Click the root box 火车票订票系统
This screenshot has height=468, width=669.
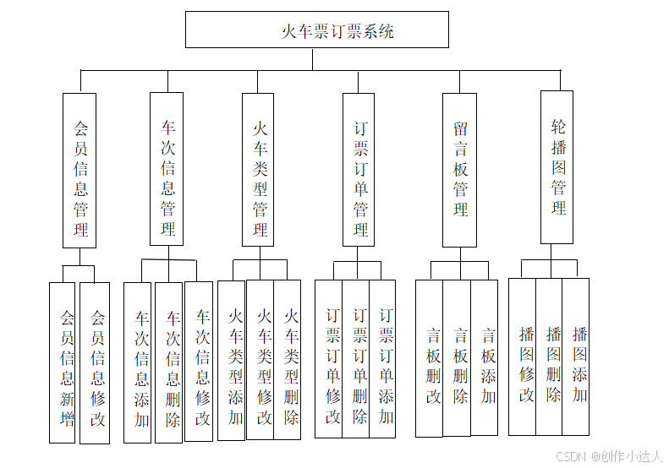tap(316, 30)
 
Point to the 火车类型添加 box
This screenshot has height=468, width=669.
tap(232, 360)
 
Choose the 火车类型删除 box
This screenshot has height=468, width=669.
tap(288, 359)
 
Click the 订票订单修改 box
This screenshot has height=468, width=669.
tap(329, 358)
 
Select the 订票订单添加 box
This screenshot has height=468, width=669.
tap(382, 358)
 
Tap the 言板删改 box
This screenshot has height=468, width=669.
tap(429, 358)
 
